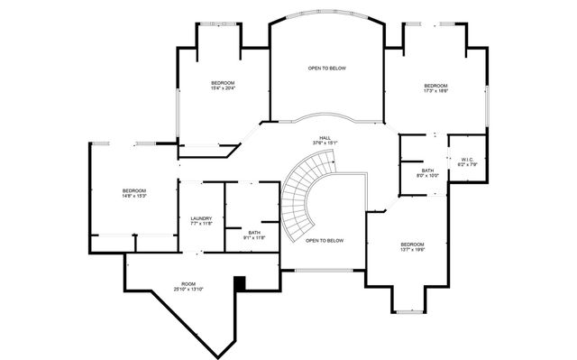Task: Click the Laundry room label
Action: pyautogui.click(x=201, y=220)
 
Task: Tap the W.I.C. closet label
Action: pyautogui.click(x=466, y=162)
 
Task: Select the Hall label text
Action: pyautogui.click(x=325, y=141)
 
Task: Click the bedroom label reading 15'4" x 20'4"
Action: pyautogui.click(x=223, y=86)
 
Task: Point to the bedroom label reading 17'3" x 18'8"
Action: pyautogui.click(x=436, y=88)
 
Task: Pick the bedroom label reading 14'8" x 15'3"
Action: pyautogui.click(x=134, y=192)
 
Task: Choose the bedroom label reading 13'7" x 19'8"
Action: pyautogui.click(x=412, y=246)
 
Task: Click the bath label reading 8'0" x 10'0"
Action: pyautogui.click(x=427, y=173)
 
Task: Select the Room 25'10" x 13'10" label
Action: pyautogui.click(x=188, y=287)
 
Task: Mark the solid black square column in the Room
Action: pyautogui.click(x=239, y=283)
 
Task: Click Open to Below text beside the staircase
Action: pyautogui.click(x=325, y=241)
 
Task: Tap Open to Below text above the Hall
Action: pyautogui.click(x=326, y=69)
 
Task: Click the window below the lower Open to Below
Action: pyautogui.click(x=324, y=270)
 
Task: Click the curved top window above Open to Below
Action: pyautogui.click(x=326, y=14)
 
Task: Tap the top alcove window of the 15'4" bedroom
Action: pyautogui.click(x=219, y=23)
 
